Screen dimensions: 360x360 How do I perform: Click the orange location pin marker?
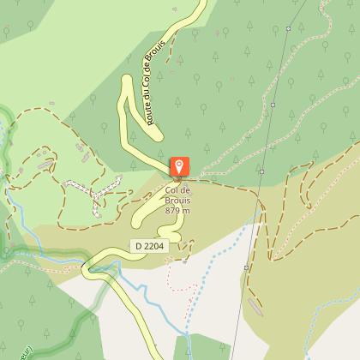[x=180, y=166]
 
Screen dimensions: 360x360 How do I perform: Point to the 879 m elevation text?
[x=177, y=211]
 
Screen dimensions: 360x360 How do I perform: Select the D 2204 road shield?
[x=149, y=246]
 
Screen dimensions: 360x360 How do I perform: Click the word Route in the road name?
[x=153, y=114]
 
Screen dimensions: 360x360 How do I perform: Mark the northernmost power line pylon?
[x=289, y=28]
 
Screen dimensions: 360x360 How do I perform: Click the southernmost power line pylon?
[x=247, y=267]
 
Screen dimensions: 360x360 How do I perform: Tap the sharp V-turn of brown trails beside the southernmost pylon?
[x=267, y=255]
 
